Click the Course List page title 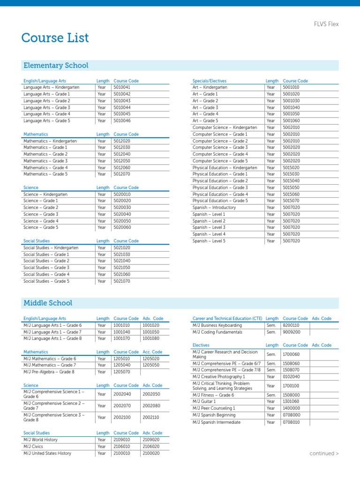55,38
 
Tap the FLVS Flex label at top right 326,24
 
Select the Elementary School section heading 56,66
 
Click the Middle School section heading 48,303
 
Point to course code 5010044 122,107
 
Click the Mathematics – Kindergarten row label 50,141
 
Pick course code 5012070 122,174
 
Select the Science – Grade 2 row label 41,208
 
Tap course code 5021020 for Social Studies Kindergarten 122,248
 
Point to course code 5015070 291,201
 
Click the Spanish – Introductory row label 214,208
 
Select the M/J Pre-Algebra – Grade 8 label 49,372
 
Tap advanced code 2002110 151,417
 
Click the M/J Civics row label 34,447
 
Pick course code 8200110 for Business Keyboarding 291,325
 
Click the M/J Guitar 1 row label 204,402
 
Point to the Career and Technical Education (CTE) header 227,319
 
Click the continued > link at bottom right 324,454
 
